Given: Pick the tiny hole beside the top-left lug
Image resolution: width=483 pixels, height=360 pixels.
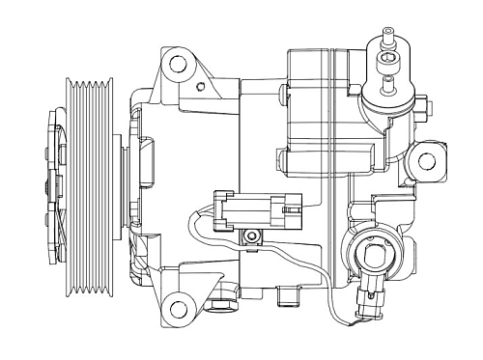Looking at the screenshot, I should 200,87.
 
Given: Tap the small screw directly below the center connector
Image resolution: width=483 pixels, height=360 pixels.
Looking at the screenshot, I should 252,236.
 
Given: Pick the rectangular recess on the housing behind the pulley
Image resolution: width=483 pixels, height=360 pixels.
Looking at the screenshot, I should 152,159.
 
